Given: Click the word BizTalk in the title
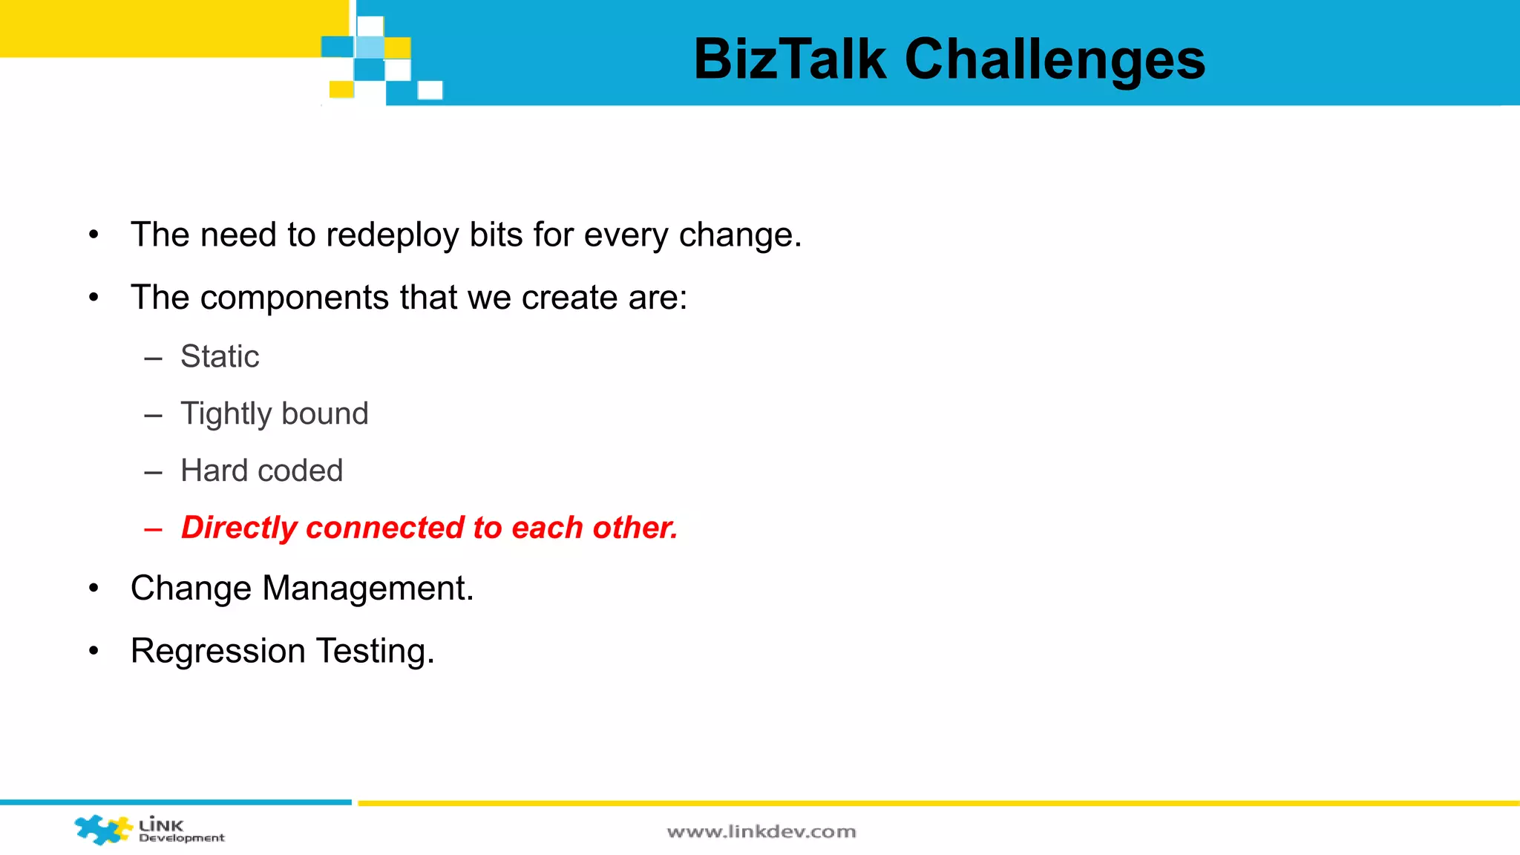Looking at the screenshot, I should [790, 59].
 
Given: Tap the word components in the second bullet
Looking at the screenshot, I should [294, 298].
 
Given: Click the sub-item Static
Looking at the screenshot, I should [220, 356].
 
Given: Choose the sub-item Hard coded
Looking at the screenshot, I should [261, 471].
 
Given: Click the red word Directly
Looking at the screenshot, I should [239, 528].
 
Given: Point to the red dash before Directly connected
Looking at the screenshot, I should [153, 529].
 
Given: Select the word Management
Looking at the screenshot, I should [367, 589].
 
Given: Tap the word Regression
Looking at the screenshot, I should [217, 651].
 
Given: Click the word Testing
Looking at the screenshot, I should [375, 651].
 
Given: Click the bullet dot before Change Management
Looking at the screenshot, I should [94, 589].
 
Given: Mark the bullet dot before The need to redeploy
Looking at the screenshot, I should [94, 235].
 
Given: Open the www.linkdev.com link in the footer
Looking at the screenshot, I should [761, 832].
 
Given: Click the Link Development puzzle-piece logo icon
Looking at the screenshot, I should [102, 829].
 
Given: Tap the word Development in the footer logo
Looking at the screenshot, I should [181, 839].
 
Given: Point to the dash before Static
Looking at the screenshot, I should [153, 358].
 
